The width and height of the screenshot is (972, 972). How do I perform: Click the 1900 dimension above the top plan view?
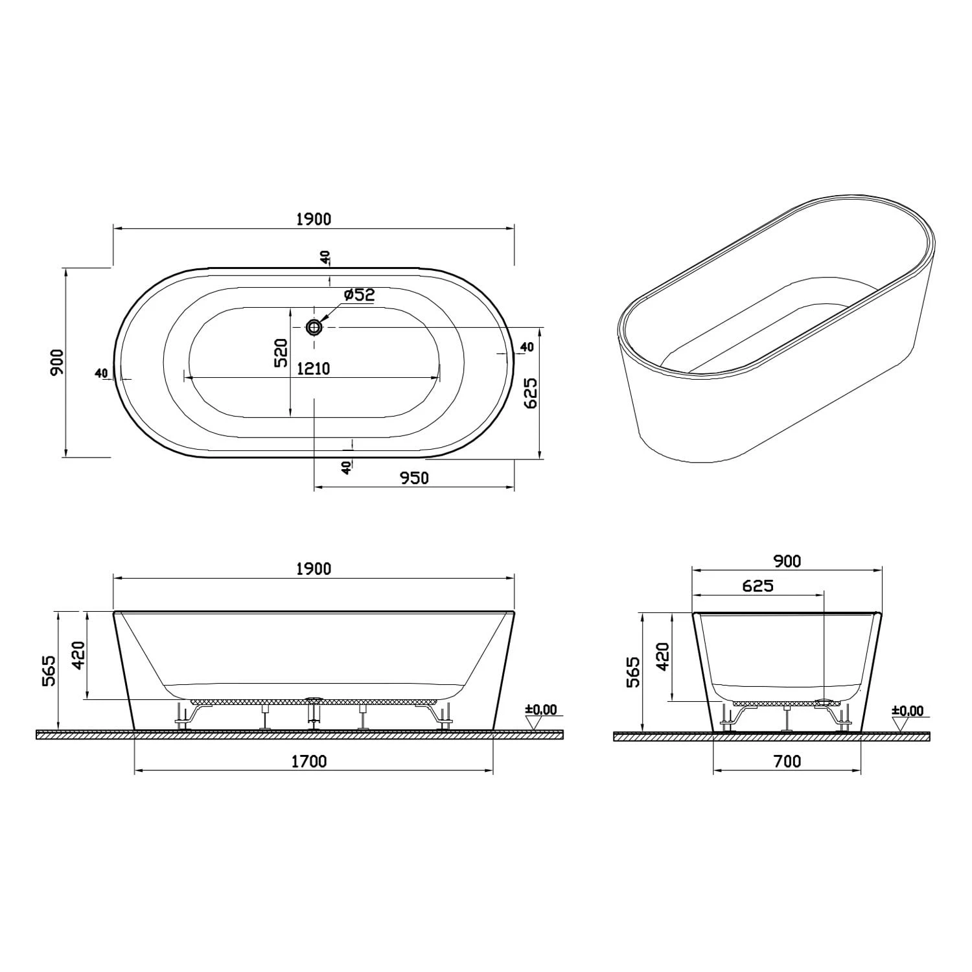[314, 219]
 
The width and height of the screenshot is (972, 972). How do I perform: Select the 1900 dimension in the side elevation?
[314, 568]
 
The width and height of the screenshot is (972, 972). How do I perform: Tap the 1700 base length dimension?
[309, 761]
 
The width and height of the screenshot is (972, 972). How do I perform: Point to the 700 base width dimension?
[787, 761]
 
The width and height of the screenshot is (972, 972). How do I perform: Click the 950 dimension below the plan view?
[414, 478]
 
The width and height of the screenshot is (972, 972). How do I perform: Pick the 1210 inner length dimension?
[314, 369]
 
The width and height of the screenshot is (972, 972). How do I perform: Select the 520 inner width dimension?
[281, 353]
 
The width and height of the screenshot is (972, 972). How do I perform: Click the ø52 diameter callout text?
[359, 295]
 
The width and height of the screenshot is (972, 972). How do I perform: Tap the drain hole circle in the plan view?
[314, 327]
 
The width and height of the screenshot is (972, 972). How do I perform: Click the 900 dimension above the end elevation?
[787, 561]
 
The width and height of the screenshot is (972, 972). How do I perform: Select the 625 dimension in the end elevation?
[758, 586]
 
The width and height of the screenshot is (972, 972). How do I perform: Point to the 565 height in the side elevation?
[49, 671]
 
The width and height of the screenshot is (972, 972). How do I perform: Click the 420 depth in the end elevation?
[662, 656]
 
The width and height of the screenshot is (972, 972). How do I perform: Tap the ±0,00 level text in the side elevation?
[542, 710]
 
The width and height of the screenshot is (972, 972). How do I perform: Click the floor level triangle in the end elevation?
[900, 724]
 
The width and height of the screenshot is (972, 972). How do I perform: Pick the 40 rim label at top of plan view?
[325, 257]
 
